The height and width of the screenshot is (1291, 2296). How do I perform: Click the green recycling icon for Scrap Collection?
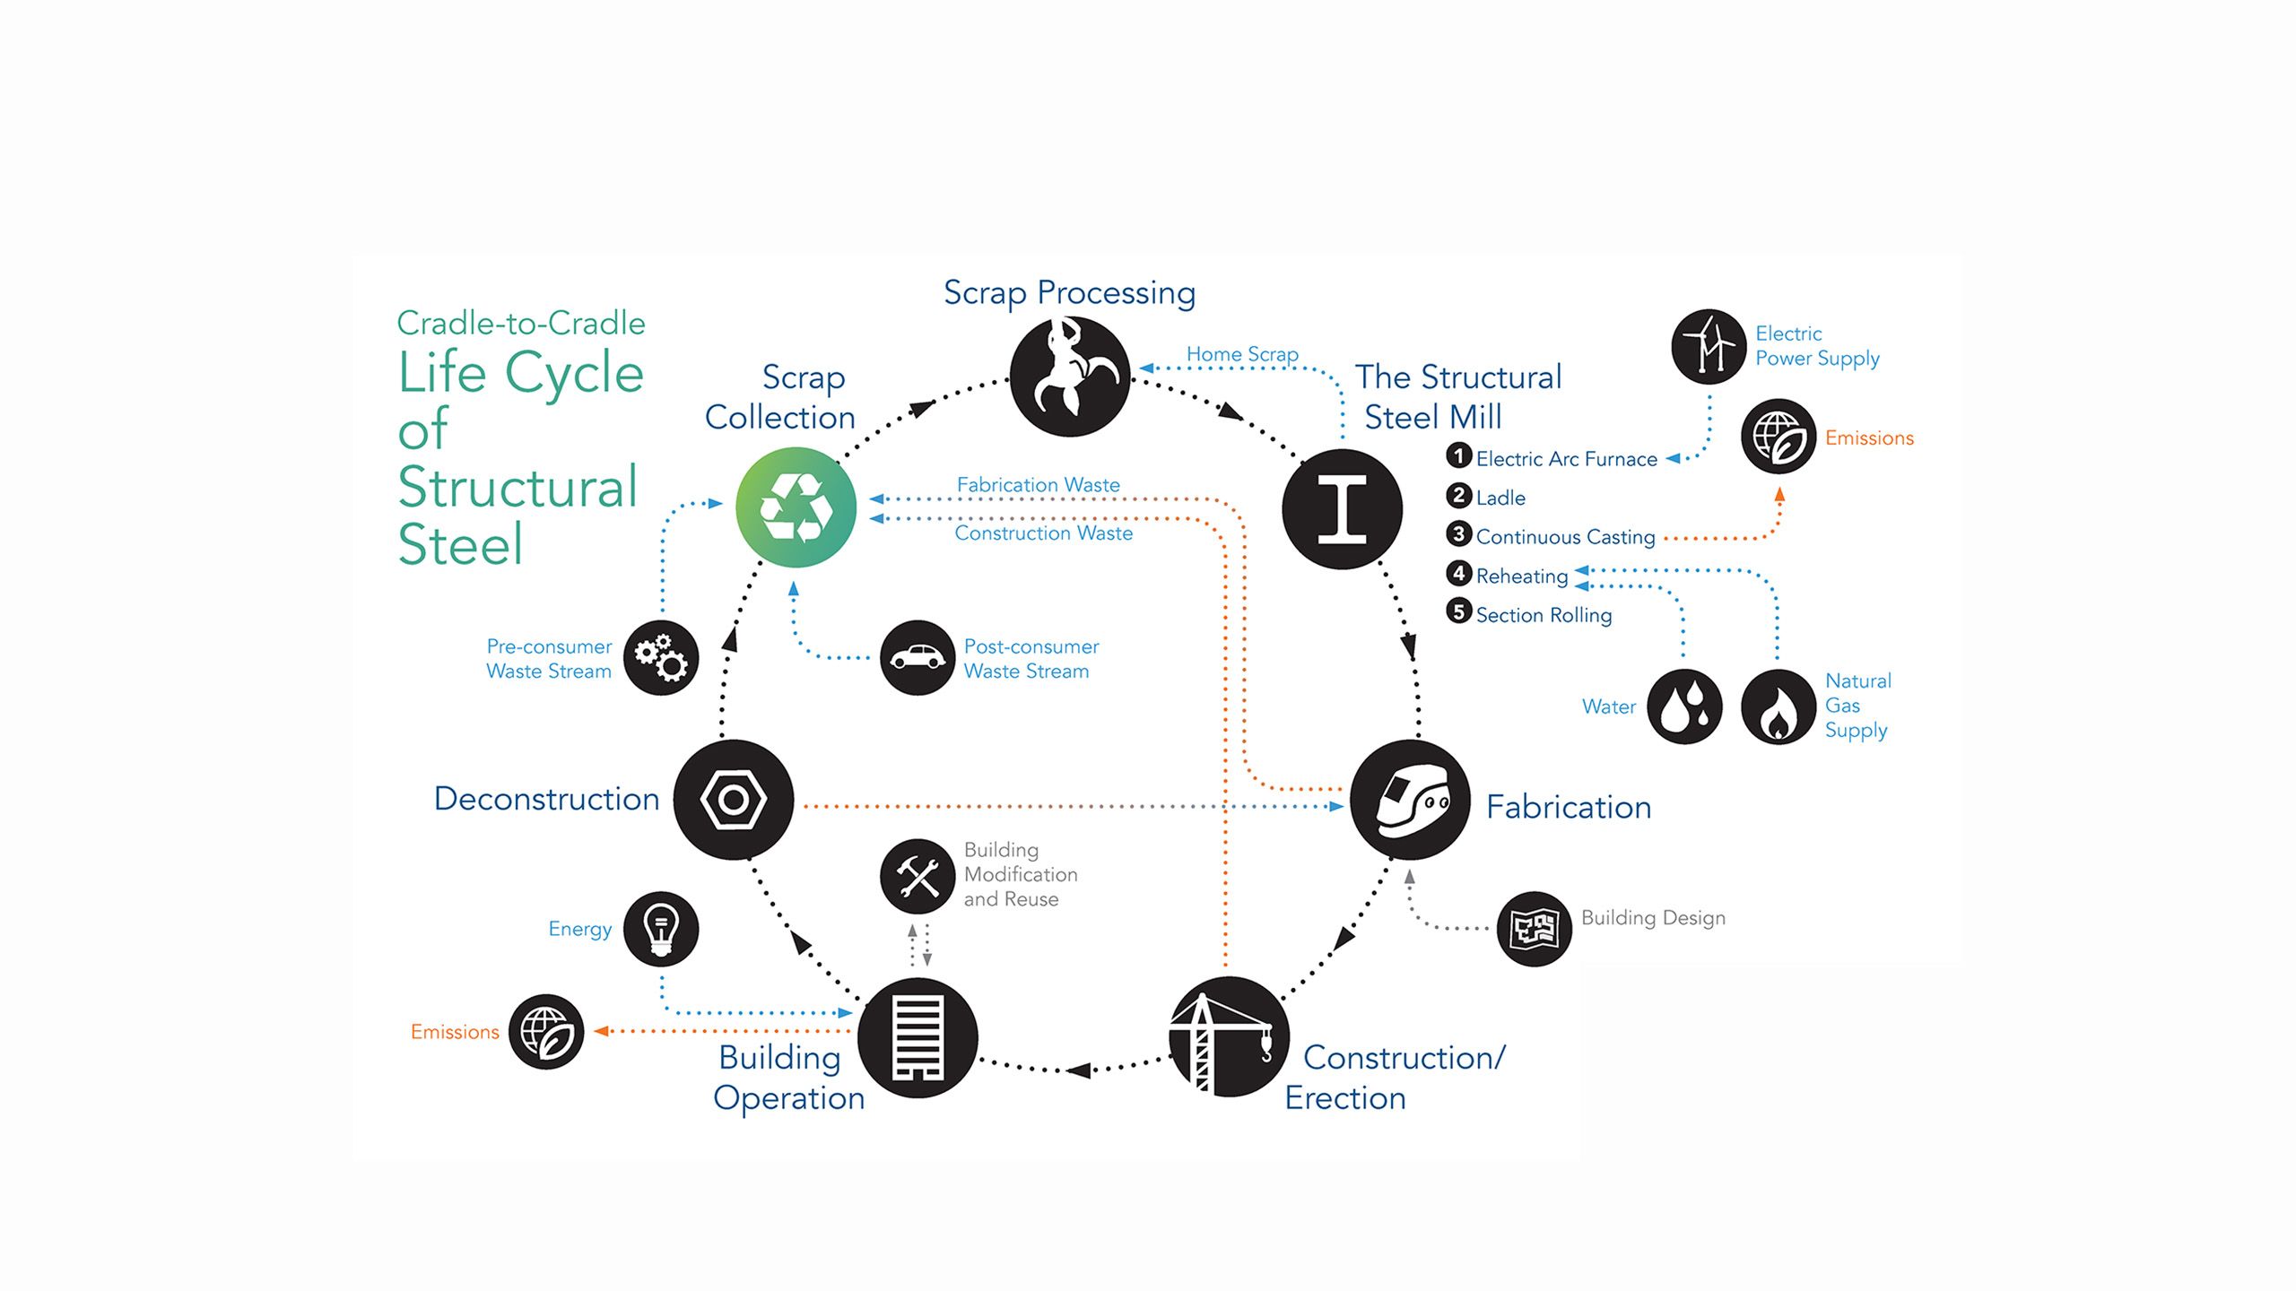(796, 507)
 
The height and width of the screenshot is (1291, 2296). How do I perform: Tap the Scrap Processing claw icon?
(1069, 377)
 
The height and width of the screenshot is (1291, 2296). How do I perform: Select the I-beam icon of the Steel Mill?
(1342, 508)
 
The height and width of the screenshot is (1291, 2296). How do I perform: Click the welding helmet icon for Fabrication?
(1410, 800)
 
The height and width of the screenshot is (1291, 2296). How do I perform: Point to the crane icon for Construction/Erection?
(1229, 1036)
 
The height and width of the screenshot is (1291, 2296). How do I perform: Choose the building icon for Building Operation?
(918, 1037)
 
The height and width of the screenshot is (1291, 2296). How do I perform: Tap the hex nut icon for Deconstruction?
(734, 800)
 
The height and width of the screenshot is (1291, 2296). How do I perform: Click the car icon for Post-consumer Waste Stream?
(917, 657)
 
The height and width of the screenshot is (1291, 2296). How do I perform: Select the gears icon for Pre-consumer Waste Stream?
(661, 657)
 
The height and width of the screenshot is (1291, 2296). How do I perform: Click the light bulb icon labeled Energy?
(661, 929)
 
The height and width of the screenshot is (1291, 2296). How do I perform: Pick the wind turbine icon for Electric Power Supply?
(1709, 347)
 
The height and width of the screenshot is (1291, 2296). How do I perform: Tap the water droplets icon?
(1684, 706)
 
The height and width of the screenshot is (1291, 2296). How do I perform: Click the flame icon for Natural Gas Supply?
(1778, 706)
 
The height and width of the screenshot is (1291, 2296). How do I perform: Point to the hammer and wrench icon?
(917, 875)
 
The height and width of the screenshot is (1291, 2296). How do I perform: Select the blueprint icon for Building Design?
(1534, 929)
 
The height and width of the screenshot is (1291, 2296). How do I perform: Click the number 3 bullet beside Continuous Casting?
(1458, 534)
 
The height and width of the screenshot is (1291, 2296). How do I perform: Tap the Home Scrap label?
(1242, 354)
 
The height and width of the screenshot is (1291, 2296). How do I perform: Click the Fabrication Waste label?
(1038, 485)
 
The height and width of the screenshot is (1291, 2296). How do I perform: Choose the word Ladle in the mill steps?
(1500, 498)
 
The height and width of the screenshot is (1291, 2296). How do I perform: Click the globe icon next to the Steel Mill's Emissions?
(1778, 438)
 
